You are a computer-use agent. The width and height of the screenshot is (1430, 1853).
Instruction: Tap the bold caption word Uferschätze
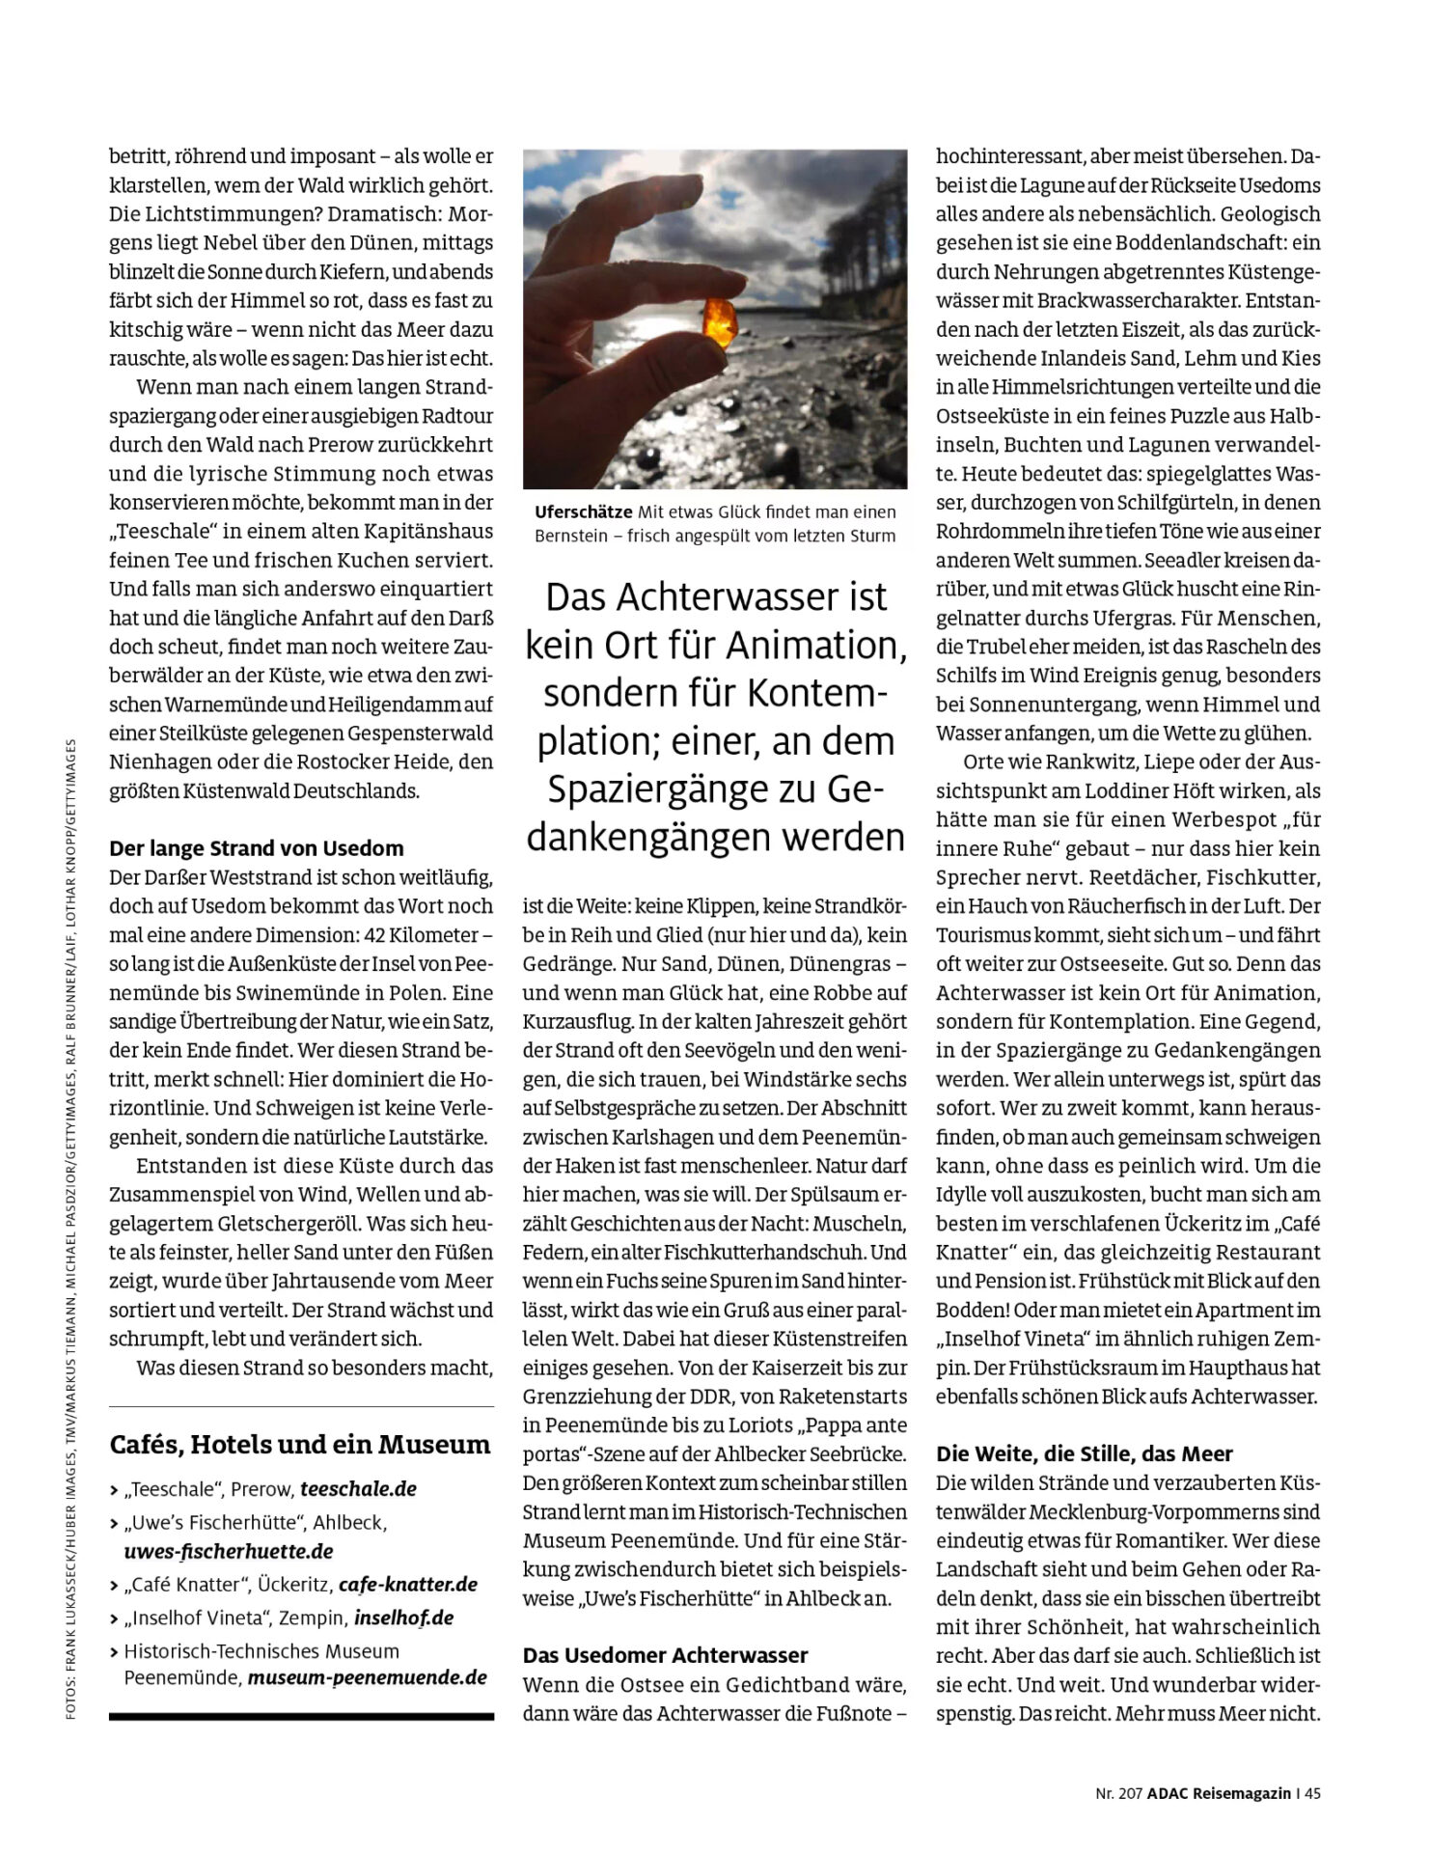point(584,512)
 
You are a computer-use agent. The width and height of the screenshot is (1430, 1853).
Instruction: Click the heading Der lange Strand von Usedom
point(256,848)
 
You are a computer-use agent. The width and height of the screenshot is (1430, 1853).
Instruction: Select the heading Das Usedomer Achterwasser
point(665,1655)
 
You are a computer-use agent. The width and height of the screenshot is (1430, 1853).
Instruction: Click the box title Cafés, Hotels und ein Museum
point(300,1445)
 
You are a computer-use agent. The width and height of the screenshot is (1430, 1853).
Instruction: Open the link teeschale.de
point(358,1488)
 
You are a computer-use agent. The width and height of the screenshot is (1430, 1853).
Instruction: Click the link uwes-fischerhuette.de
point(229,1551)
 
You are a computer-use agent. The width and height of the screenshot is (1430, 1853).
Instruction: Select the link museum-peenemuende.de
point(367,1677)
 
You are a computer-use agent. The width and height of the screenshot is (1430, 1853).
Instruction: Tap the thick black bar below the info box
point(301,1717)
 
